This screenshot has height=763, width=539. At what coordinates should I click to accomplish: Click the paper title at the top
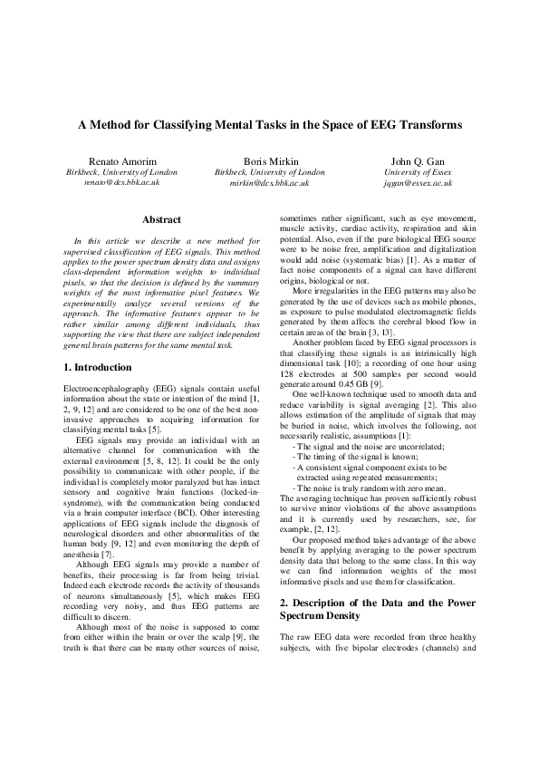[269, 124]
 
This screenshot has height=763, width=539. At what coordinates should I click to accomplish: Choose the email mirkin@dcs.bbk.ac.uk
[269, 182]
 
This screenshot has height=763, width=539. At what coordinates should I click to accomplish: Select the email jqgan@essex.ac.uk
[419, 182]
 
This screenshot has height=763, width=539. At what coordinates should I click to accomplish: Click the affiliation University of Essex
[419, 171]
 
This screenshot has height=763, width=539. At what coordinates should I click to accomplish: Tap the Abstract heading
[162, 219]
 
